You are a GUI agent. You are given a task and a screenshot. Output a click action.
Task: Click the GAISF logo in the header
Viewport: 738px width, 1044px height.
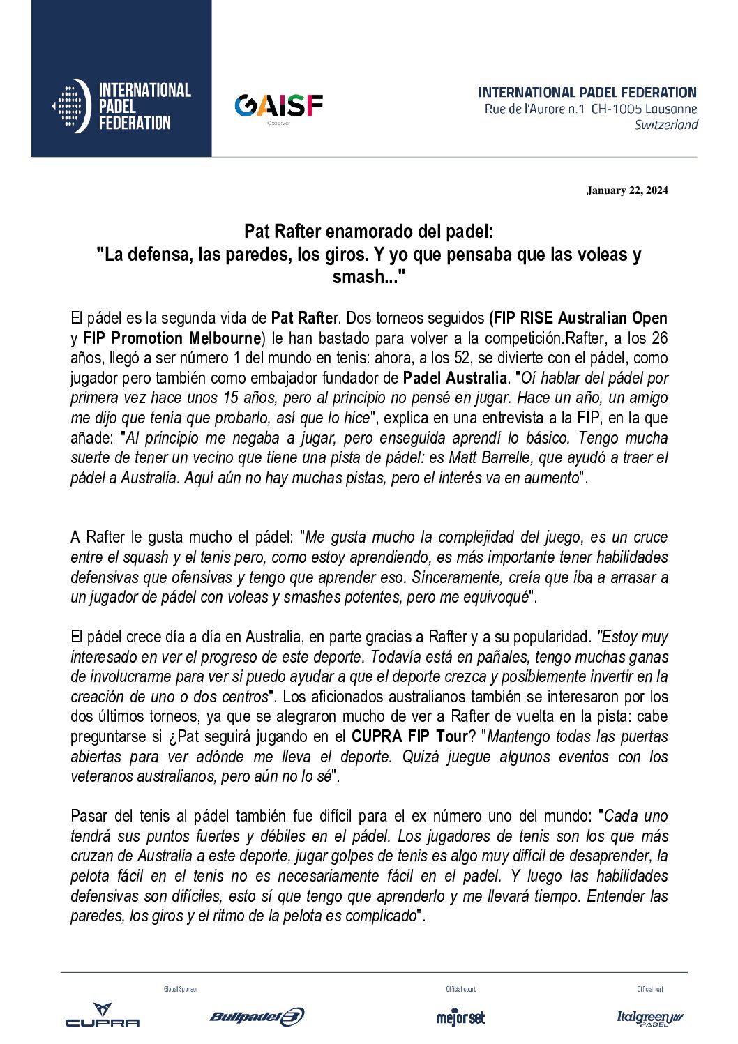click(x=278, y=106)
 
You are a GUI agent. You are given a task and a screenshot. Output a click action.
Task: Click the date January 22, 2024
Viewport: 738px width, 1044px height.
click(x=627, y=190)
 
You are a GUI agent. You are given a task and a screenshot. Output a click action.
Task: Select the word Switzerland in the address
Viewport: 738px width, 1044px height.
click(x=666, y=125)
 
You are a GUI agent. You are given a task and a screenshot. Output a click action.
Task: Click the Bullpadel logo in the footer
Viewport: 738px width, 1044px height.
click(x=257, y=1017)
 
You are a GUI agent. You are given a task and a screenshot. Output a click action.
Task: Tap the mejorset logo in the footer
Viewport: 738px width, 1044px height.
click(x=460, y=1017)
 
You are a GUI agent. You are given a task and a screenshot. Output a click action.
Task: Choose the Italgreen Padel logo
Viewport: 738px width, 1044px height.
click(x=649, y=1018)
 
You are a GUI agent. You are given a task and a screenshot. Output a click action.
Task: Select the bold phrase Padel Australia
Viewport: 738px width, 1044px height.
click(x=455, y=378)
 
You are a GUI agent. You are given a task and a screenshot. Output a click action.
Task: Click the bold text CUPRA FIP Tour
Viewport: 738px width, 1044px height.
click(x=409, y=736)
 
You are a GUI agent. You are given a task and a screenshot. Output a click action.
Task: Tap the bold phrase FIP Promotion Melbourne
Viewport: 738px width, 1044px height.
click(x=172, y=338)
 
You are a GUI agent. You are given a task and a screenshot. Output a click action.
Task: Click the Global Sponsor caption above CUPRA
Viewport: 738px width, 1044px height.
click(x=181, y=989)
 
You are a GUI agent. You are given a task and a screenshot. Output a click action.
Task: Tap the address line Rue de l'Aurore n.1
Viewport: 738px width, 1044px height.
click(x=535, y=109)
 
